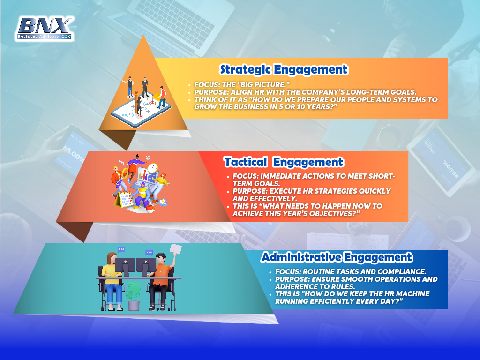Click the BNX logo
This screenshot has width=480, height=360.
[x=45, y=29]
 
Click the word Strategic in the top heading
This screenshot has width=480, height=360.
[x=245, y=70]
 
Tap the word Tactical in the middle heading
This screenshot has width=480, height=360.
[x=246, y=162]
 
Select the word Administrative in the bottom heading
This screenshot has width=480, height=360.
[x=301, y=257]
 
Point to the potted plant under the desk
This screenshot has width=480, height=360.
[x=134, y=296]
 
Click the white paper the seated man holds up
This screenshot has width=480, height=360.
[x=176, y=249]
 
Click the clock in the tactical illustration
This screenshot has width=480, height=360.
[x=152, y=168]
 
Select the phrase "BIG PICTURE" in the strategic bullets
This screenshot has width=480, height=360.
[x=262, y=84]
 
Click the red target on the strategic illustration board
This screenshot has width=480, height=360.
[x=152, y=103]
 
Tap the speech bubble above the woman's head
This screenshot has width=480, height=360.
[x=121, y=249]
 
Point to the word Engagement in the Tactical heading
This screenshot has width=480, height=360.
[x=308, y=162]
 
